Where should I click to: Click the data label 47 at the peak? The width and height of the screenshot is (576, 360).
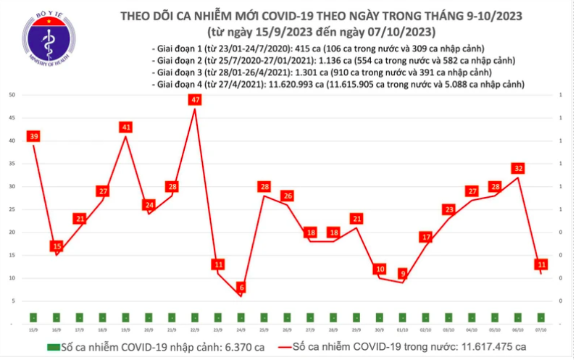click(195, 100)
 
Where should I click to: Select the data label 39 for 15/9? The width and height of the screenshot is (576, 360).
click(33, 136)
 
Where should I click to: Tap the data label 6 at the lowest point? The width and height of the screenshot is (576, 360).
click(241, 288)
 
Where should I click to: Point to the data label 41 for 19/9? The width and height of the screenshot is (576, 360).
click(126, 127)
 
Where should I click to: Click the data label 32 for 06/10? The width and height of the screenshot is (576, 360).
click(518, 168)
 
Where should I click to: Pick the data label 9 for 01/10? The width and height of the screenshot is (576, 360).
click(403, 274)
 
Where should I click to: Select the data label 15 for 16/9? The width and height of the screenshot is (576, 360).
click(57, 246)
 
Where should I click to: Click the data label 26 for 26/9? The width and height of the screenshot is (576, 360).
click(288, 196)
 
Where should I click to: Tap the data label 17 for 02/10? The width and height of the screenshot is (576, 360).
click(426, 237)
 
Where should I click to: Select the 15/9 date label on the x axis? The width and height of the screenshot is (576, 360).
click(33, 329)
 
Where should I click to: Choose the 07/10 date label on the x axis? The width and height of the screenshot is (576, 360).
click(541, 329)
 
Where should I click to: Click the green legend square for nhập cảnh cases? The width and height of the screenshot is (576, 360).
click(54, 346)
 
